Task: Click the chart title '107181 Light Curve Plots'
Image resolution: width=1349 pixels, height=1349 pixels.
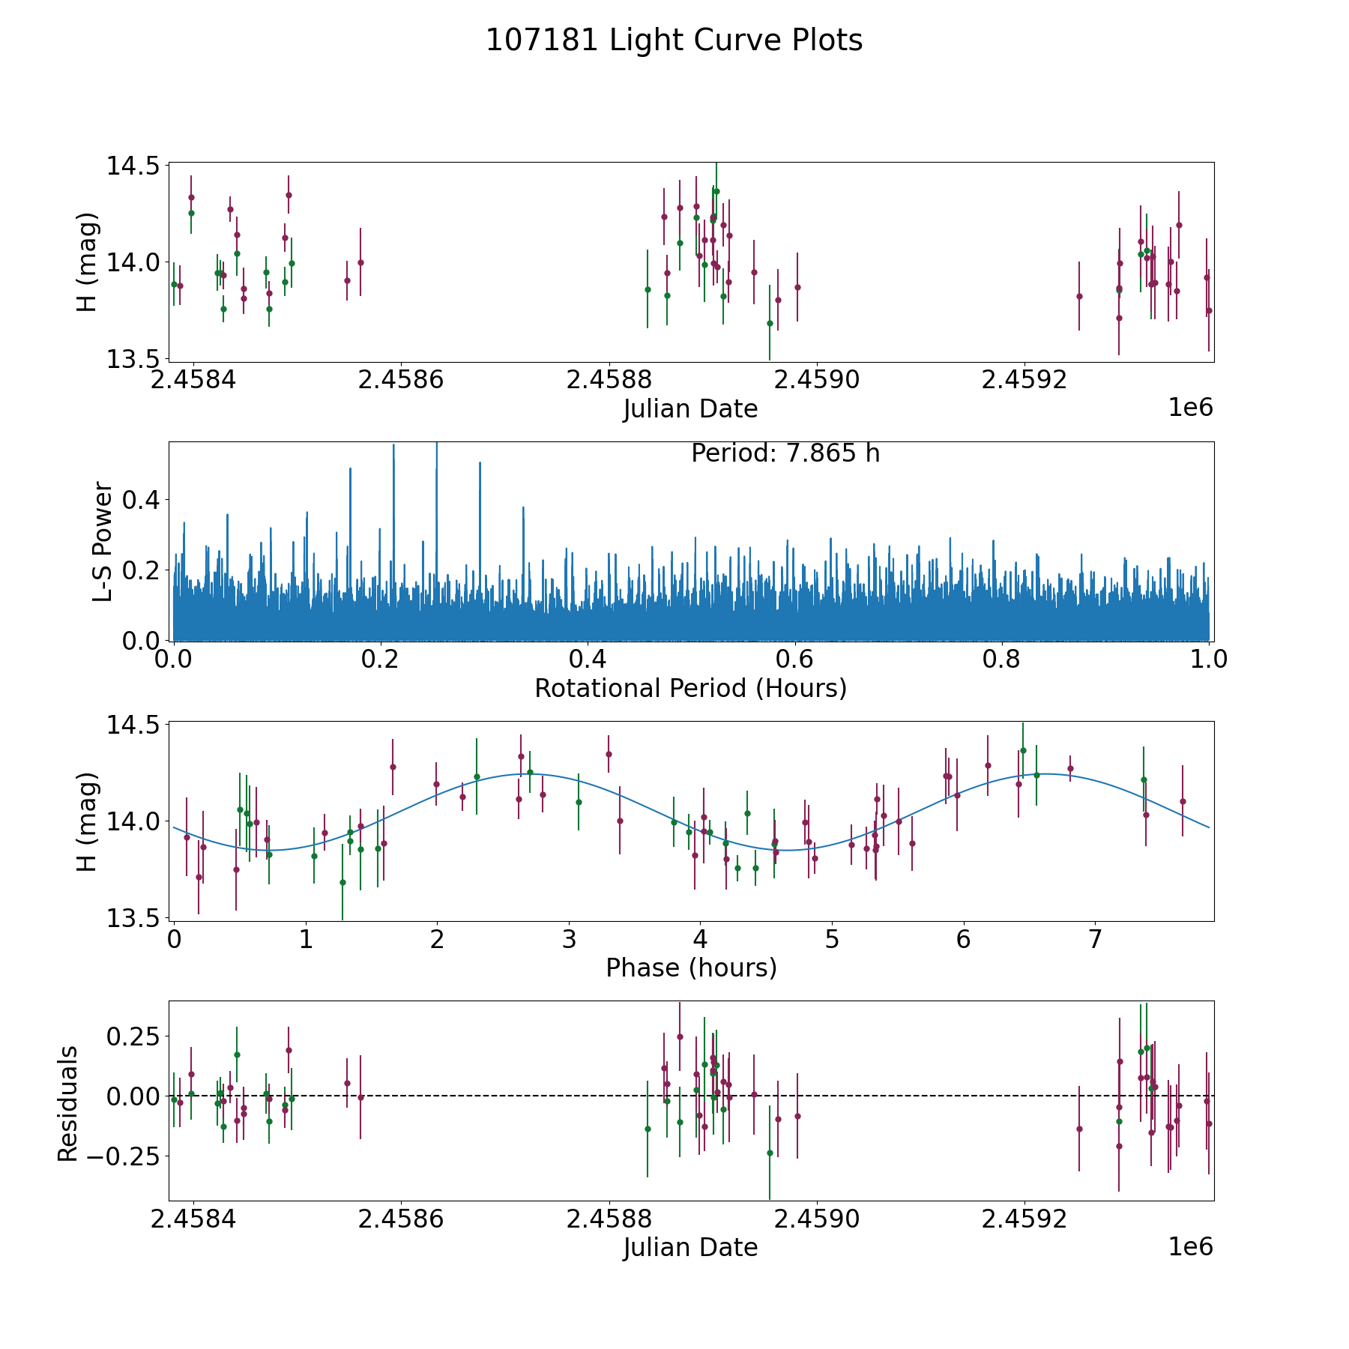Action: (x=674, y=40)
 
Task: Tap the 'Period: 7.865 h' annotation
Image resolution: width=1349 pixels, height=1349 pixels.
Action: (x=785, y=453)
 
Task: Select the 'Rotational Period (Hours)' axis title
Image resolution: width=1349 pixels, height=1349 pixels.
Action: (x=690, y=688)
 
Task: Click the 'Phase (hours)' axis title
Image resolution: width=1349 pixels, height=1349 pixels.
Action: (x=690, y=968)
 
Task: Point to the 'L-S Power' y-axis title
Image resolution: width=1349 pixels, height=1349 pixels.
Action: (x=103, y=541)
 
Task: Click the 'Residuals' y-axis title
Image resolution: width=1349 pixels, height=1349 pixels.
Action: (x=68, y=1103)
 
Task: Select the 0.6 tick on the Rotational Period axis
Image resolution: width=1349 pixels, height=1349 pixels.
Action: (x=794, y=660)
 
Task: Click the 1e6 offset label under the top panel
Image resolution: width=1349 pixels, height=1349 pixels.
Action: (x=1190, y=408)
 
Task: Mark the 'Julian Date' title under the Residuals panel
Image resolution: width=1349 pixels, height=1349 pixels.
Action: (x=690, y=1248)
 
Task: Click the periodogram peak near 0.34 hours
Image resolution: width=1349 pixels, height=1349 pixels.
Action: (x=523, y=508)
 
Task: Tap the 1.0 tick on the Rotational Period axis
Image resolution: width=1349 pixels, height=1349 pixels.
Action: (x=1208, y=660)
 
